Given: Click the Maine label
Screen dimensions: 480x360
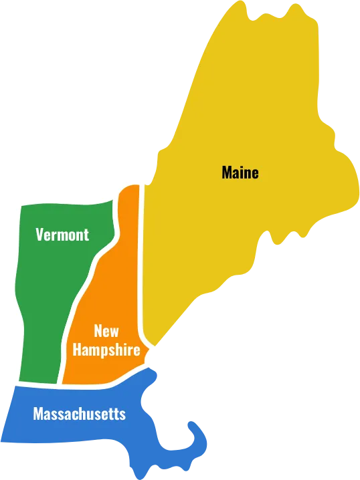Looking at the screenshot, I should pos(240,172).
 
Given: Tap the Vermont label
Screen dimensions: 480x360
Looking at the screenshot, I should pos(62,235).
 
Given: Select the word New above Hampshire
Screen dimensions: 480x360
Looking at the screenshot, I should pos(106,330).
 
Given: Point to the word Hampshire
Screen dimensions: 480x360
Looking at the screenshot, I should pos(106,350).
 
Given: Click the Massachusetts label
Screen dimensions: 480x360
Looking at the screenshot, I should pos(79,414).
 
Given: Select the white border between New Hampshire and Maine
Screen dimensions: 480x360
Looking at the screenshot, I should pos(142,267).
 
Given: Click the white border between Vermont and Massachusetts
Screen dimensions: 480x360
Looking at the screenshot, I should pos(37,384).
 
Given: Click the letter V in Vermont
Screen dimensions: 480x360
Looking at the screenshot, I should pos(39,235).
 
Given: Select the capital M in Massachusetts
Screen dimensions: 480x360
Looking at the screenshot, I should pos(38,414).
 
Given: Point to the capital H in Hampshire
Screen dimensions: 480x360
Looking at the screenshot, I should pos(77,350).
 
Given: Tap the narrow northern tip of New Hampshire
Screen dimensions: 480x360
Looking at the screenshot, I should pos(130,194).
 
